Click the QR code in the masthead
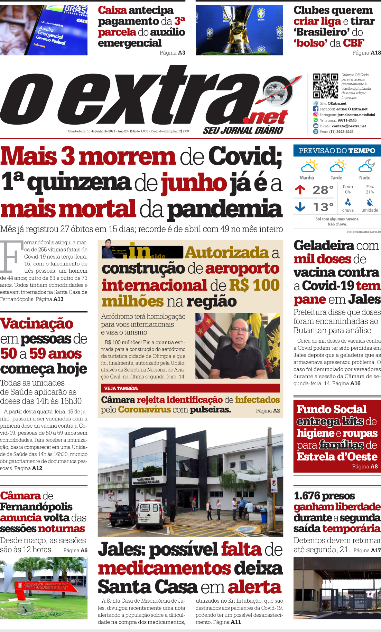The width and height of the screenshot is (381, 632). click(325, 86)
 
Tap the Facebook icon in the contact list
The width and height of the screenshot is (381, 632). click(316, 109)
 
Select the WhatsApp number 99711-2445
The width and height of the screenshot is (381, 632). click(347, 120)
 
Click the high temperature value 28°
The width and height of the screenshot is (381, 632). click(323, 190)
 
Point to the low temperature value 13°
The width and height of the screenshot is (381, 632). click(323, 207)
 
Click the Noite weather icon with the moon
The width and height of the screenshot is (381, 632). click(366, 166)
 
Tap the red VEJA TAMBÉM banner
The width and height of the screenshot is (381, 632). click(191, 388)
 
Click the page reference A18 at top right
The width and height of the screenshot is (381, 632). click(375, 53)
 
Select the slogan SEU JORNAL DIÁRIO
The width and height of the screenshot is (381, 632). click(243, 130)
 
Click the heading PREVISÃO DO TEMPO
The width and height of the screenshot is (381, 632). click(337, 151)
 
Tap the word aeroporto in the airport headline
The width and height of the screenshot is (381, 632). click(242, 269)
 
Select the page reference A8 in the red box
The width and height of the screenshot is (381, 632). click(374, 467)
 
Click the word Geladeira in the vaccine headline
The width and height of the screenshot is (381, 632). click(319, 245)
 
